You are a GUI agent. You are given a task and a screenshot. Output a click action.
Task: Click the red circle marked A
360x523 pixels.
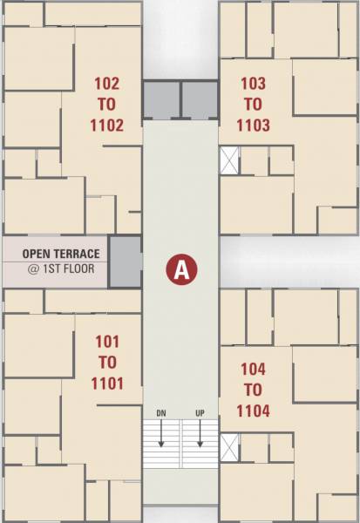180,268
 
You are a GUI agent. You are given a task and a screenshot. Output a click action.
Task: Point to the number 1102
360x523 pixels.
106,125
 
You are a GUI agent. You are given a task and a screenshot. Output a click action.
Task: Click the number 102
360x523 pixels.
106,84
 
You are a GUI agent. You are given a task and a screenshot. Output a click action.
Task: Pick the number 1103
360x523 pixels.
253,125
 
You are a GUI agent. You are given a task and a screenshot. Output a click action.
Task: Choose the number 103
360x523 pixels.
253,84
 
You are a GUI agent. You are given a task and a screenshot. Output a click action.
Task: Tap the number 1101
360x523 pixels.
106,383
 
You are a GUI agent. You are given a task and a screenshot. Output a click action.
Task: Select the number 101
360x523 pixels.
106,341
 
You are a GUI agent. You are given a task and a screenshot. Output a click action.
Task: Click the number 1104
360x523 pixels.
253,410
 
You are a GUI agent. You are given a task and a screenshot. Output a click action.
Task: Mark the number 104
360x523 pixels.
253,369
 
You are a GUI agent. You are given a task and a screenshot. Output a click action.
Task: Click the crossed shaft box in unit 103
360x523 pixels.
229,161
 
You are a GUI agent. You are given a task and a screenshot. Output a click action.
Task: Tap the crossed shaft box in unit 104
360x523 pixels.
229,447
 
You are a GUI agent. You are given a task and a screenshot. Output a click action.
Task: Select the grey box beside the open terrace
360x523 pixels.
125,261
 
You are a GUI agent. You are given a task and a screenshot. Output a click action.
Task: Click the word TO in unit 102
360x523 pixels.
106,104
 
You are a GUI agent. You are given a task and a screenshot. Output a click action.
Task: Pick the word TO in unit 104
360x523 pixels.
253,389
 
